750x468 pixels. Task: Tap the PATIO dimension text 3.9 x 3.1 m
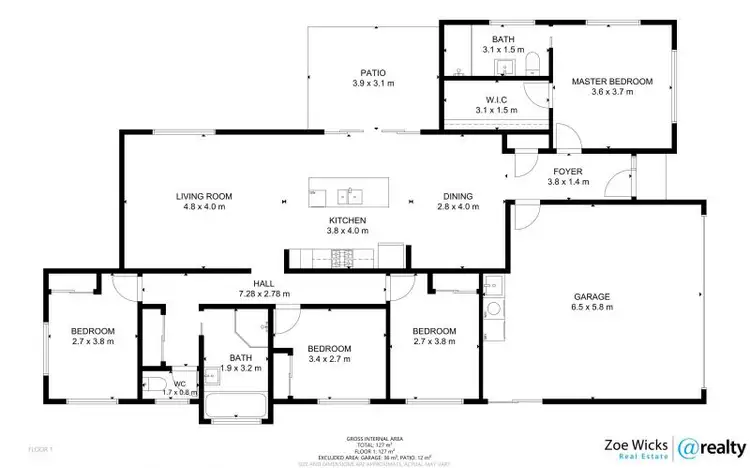[374, 84]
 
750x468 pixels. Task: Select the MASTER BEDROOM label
[611, 81]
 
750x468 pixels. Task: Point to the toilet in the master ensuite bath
[533, 65]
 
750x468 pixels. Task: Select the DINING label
[458, 196]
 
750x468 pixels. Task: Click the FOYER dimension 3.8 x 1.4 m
[568, 183]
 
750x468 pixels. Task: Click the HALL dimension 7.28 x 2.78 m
[264, 294]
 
